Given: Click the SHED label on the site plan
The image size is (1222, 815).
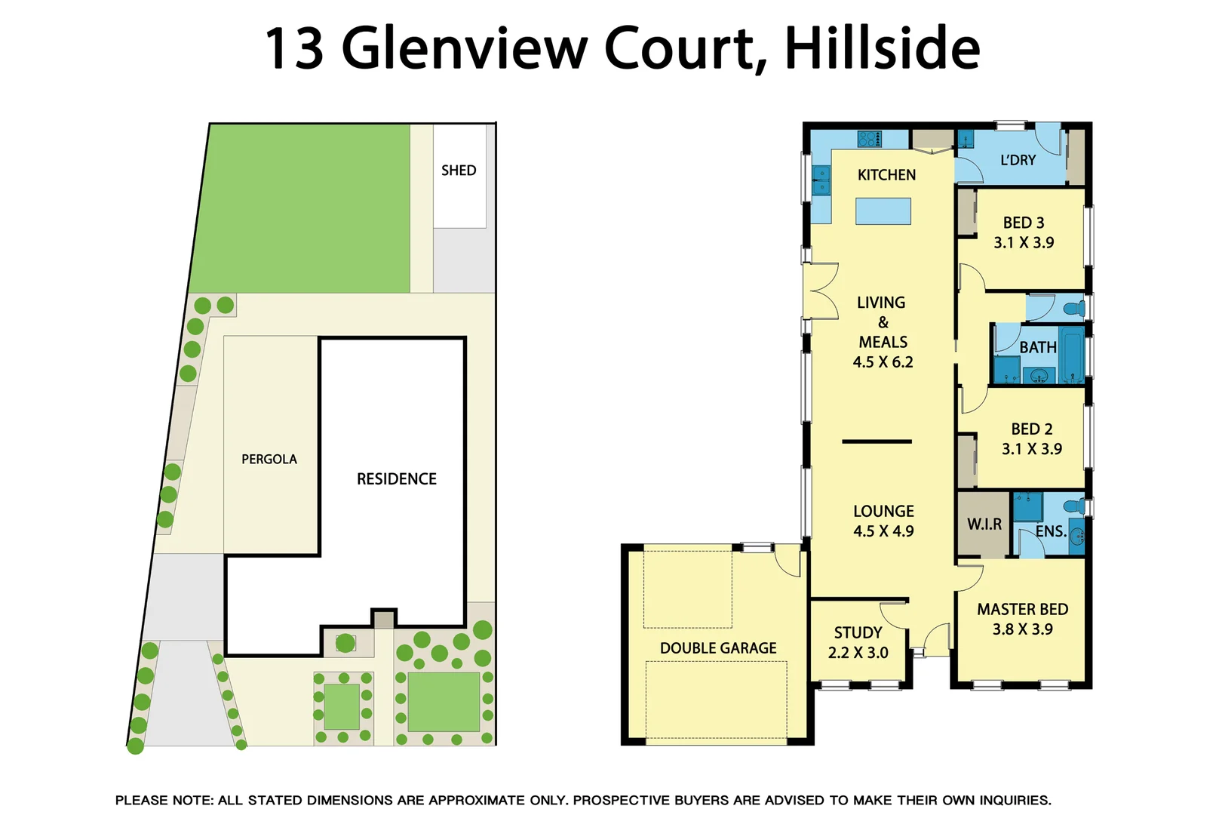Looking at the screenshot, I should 459,171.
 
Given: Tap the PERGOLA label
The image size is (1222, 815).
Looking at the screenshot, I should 269,459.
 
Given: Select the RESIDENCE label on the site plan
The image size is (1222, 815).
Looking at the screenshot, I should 397,479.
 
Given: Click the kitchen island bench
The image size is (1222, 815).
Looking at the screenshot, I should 883,211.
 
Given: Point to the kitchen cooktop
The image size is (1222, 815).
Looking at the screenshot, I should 869,139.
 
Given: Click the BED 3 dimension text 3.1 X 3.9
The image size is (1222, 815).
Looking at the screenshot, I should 1024,243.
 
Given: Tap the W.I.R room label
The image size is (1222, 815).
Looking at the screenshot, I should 984,524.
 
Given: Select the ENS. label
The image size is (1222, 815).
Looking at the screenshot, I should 1050,531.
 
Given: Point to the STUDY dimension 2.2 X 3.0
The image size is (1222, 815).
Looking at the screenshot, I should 858,653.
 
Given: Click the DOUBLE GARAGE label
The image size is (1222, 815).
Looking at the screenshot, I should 718,648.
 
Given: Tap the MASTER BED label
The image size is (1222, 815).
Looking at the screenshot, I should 1022,609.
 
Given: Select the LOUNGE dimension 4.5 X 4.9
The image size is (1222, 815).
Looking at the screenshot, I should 883,531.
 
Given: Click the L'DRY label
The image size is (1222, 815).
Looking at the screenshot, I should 1018,160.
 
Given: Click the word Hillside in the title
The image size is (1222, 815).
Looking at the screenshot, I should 882,48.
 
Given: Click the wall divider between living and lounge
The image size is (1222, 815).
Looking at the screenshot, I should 877,441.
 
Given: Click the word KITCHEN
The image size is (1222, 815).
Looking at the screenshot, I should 886,175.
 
